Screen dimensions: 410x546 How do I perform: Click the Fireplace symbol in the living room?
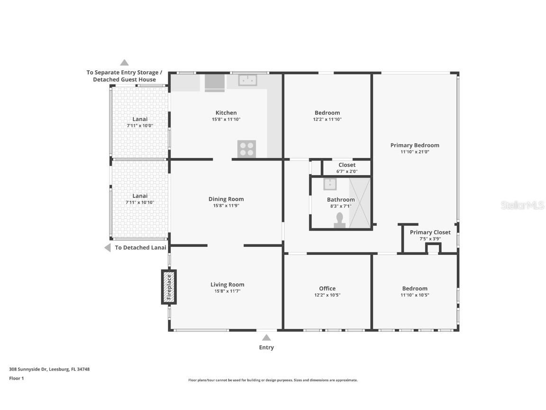pos(169,287)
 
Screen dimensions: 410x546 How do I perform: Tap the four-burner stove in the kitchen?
pos(246,149)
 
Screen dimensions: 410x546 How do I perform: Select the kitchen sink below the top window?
pos(247,81)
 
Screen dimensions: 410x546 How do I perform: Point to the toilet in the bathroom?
pos(339,220)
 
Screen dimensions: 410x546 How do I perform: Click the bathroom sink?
pos(330,184)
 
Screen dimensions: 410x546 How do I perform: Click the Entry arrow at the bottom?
pos(266,337)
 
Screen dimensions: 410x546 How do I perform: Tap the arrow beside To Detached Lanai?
pos(108,248)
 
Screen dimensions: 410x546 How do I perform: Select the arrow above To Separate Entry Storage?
pos(124,62)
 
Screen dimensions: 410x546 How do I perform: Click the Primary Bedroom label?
pos(415,145)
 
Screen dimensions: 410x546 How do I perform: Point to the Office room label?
pos(327,289)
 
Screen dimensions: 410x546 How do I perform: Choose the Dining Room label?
pos(226,199)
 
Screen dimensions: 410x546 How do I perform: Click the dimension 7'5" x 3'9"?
pos(430,239)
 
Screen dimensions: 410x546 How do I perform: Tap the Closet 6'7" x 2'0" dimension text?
pos(347,171)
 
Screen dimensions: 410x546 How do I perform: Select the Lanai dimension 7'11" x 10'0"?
pos(140,126)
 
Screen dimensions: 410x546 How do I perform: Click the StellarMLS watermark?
pos(523,205)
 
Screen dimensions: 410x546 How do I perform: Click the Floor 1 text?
pos(16,378)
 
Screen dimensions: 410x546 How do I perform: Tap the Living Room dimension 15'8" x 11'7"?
pos(227,291)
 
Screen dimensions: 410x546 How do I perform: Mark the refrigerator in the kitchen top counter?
pos(215,82)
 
